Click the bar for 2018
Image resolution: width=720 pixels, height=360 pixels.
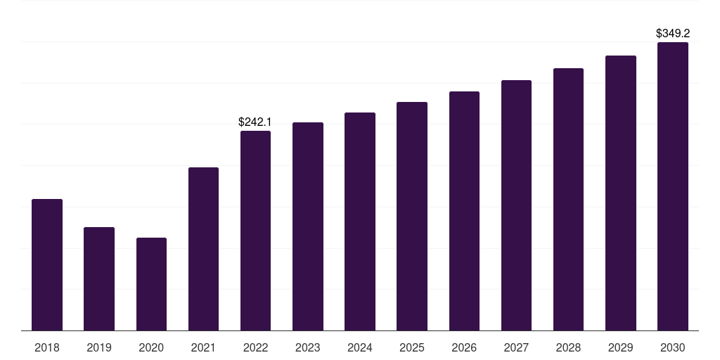[x=47, y=265]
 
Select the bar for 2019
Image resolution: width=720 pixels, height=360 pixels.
[x=99, y=278]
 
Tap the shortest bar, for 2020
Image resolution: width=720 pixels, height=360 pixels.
[x=152, y=284]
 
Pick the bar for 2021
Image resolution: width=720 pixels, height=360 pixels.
[x=203, y=249]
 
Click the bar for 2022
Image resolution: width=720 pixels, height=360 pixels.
[x=256, y=231]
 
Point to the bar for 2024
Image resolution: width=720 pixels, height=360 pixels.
[x=360, y=221]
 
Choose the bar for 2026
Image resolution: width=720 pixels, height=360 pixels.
[x=464, y=211]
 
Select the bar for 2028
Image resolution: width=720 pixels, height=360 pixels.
[x=568, y=199]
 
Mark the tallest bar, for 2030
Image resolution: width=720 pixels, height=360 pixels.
[x=673, y=186]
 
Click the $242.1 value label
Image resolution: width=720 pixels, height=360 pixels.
[x=255, y=122]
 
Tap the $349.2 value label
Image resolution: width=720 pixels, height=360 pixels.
[x=673, y=34]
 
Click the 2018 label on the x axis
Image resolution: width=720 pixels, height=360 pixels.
[x=47, y=348]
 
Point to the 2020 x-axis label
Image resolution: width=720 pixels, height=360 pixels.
[x=151, y=348]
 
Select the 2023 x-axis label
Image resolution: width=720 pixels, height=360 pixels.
[x=308, y=348]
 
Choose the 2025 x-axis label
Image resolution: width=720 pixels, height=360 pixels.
[x=412, y=348]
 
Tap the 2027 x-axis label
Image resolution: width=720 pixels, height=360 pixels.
[x=516, y=348]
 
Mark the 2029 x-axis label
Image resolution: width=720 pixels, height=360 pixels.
[x=620, y=348]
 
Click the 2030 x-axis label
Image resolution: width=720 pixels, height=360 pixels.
[x=673, y=348]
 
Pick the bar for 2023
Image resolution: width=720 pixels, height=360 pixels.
[x=308, y=226]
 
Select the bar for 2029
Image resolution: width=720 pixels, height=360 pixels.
[x=621, y=193]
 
